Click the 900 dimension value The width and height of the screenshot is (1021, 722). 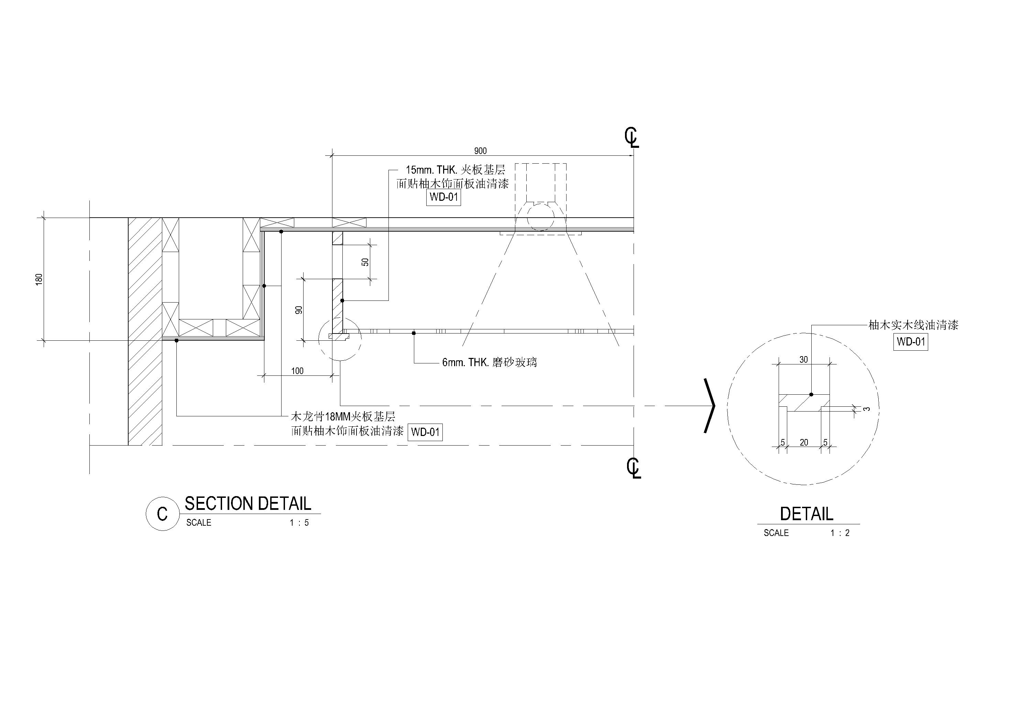[x=480, y=151]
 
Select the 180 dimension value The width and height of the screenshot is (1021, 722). [x=39, y=280]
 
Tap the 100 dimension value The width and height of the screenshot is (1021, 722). [x=297, y=371]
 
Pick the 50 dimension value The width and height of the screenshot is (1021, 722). [x=365, y=262]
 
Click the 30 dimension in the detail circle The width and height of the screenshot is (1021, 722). [x=803, y=359]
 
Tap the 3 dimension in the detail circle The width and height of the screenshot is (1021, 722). [x=866, y=408]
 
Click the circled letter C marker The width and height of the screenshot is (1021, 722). [x=162, y=513]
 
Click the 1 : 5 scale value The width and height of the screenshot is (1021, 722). [x=299, y=522]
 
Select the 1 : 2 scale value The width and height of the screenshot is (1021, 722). [x=840, y=533]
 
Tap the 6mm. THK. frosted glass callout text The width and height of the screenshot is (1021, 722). [x=489, y=363]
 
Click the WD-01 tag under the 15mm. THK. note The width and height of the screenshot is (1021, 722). [x=444, y=197]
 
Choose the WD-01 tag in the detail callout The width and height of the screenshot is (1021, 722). [x=911, y=342]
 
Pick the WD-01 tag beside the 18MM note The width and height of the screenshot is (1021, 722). [x=425, y=432]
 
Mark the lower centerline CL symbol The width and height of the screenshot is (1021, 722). [x=634, y=468]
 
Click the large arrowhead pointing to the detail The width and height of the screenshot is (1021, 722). [x=710, y=405]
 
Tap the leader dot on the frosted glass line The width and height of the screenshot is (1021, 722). [x=414, y=333]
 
